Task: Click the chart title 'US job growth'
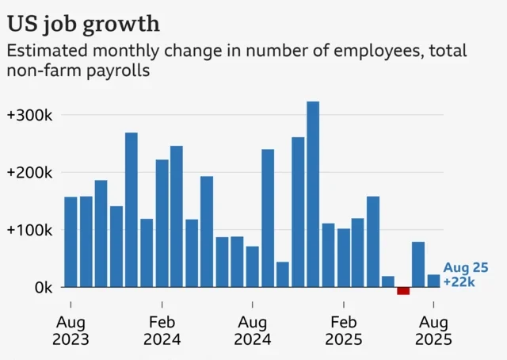[83, 21]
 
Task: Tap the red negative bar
[403, 291]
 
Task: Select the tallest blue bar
[313, 194]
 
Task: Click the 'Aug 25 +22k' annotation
[466, 274]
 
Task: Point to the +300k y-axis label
[29, 115]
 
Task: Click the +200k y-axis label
[29, 173]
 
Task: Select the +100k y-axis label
[29, 230]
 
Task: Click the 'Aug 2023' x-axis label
[71, 331]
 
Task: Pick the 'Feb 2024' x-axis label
[162, 331]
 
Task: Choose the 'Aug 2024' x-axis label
[253, 331]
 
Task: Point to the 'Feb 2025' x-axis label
[344, 331]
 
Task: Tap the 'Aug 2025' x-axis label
[434, 331]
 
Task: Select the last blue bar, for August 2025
[433, 281]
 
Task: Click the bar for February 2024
[162, 224]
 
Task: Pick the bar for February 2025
[343, 258]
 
